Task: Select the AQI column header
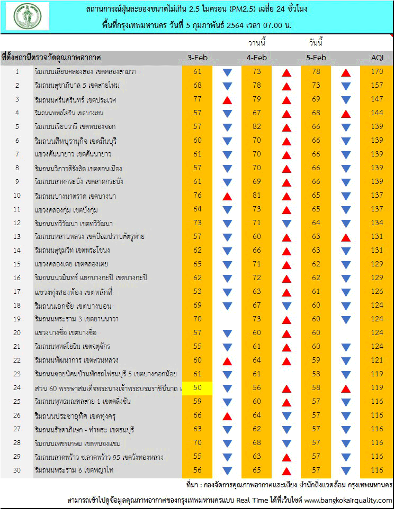tap(377, 58)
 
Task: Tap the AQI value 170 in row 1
tap(377, 71)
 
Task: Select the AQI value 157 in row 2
tap(377, 85)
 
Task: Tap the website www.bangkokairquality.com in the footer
tap(348, 500)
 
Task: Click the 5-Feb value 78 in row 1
tap(316, 71)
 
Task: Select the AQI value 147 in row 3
tap(377, 99)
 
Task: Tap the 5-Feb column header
tap(316, 58)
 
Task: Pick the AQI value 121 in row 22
tap(377, 360)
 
